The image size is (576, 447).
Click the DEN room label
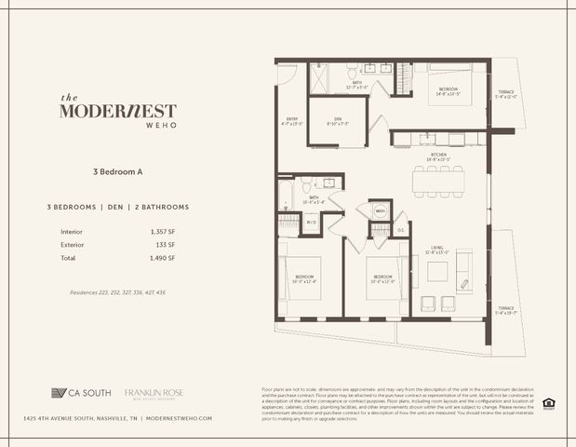[x=330, y=121]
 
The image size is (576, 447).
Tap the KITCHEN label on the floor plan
[x=438, y=156]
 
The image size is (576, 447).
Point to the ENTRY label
[x=292, y=121]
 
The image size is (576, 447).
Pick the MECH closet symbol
[x=380, y=211]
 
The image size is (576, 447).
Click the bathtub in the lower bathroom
[x=286, y=196]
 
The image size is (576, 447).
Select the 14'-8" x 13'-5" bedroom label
[x=445, y=91]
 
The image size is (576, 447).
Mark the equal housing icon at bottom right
[x=549, y=403]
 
